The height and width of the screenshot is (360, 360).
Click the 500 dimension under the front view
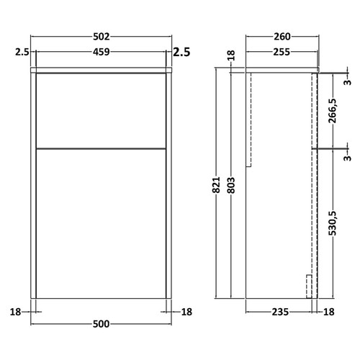pyautogui.click(x=102, y=324)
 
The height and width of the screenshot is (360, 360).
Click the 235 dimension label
pyautogui.click(x=280, y=312)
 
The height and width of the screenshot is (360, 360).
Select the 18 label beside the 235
pyautogui.click(x=330, y=312)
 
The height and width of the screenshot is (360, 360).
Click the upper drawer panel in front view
pyautogui.click(x=102, y=109)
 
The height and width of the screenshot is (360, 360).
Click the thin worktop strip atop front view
pyautogui.click(x=102, y=71)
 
